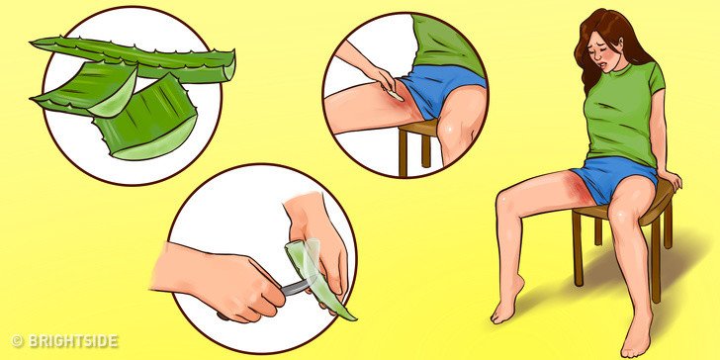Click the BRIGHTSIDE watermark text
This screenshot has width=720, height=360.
pyautogui.click(x=71, y=342)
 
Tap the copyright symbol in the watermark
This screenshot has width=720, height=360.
pyautogui.click(x=16, y=342)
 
